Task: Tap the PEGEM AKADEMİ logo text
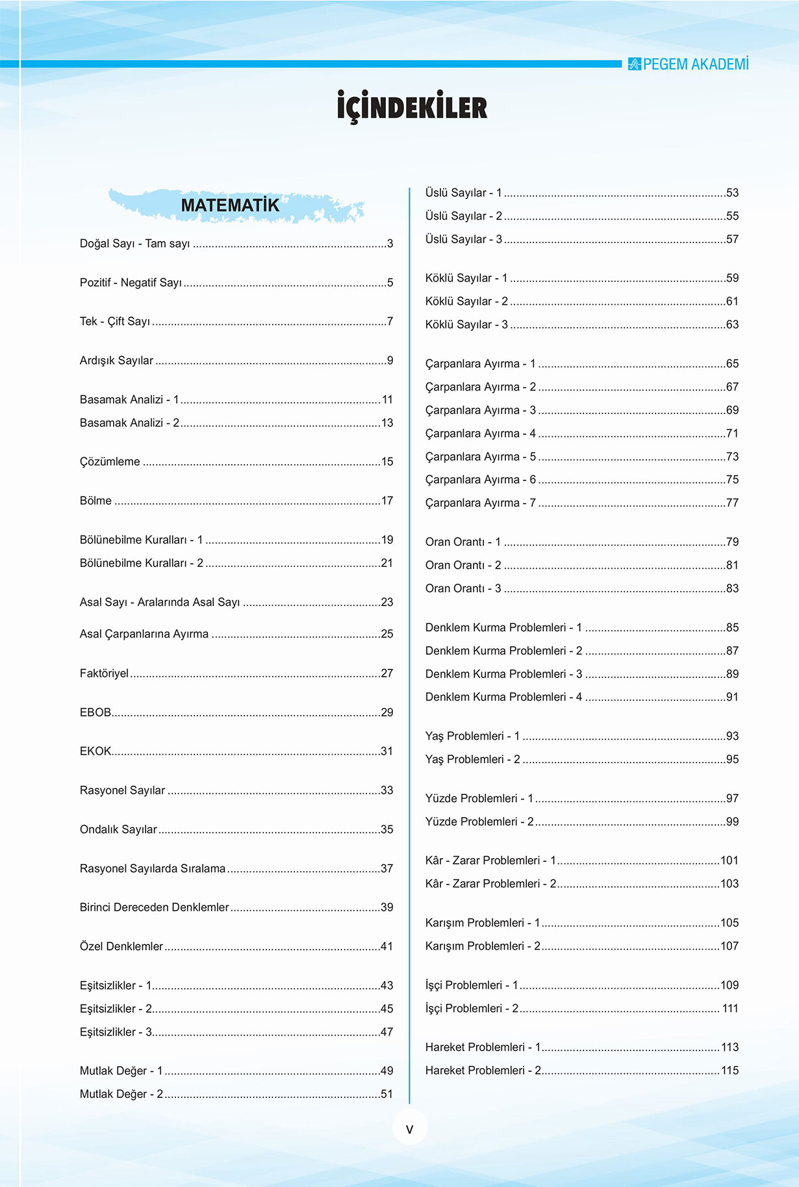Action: (695, 64)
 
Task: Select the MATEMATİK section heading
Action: (230, 205)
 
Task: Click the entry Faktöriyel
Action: (105, 673)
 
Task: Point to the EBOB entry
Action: (95, 712)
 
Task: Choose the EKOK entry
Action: (95, 751)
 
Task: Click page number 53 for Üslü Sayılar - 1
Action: (732, 193)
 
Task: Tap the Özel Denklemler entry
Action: (121, 946)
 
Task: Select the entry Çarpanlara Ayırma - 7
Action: (480, 503)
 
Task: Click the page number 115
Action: (729, 1071)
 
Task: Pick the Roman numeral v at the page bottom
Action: (409, 1129)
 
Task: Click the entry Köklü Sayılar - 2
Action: (466, 302)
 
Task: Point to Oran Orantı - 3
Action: (463, 589)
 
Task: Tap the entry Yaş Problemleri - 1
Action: (472, 737)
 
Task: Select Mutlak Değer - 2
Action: (121, 1094)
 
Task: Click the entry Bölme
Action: (95, 501)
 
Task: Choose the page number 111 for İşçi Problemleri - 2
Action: (730, 1009)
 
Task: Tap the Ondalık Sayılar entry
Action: (118, 829)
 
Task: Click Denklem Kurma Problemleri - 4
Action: (503, 698)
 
